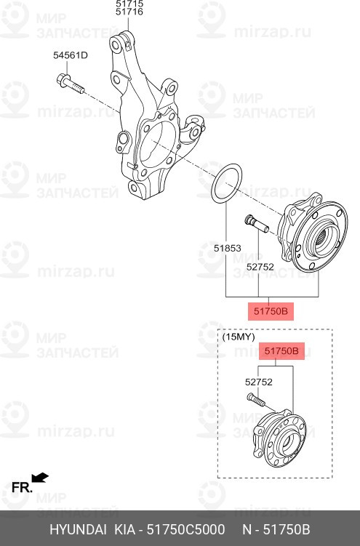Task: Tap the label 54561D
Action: click(x=70, y=55)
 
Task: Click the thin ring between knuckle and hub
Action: click(x=226, y=182)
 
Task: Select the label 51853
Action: click(x=227, y=248)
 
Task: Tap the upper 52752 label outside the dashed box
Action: click(x=260, y=267)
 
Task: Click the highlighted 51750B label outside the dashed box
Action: click(x=271, y=311)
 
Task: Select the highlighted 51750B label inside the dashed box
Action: click(x=281, y=352)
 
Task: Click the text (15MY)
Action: click(x=238, y=337)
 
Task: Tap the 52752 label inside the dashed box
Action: click(x=258, y=380)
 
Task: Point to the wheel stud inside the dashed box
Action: click(x=255, y=402)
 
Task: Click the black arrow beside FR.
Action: click(x=41, y=478)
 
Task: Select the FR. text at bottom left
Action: click(x=21, y=487)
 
